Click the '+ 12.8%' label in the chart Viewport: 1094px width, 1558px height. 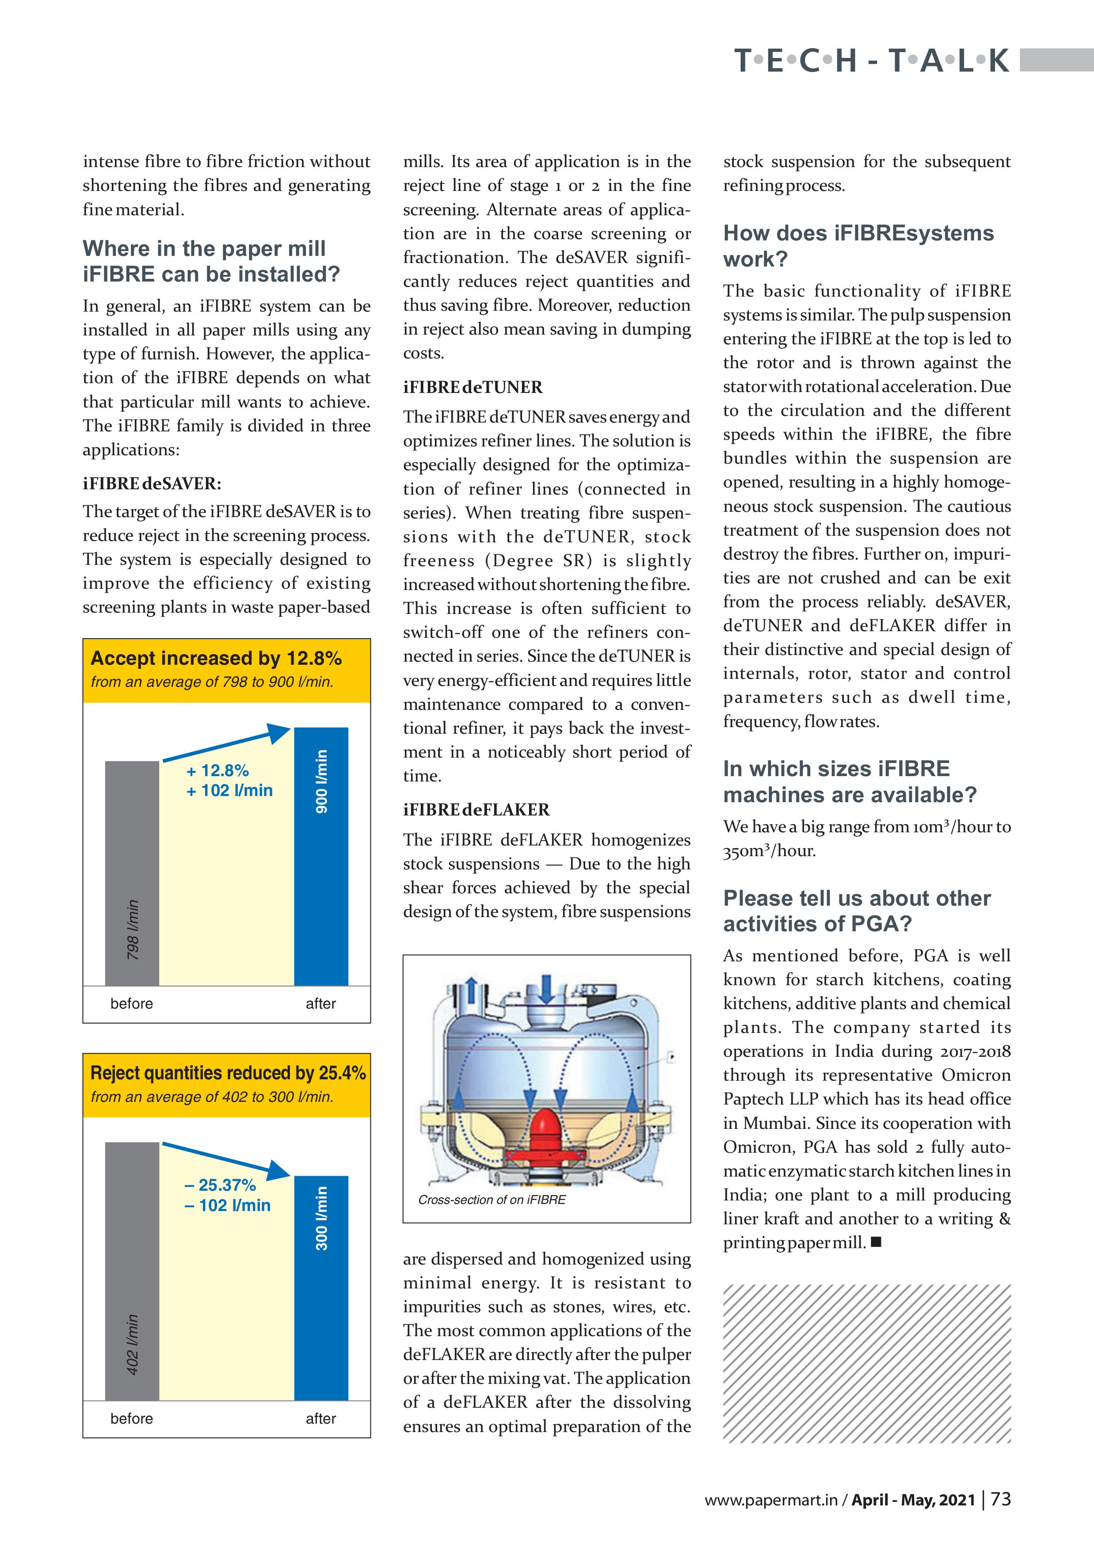pos(217,771)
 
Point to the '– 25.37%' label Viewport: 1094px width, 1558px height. pos(220,1185)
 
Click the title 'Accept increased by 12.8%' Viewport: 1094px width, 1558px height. pos(216,658)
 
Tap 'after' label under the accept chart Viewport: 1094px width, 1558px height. pos(320,1004)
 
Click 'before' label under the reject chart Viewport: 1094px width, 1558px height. pos(132,1418)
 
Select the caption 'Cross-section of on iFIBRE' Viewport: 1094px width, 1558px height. pos(492,1200)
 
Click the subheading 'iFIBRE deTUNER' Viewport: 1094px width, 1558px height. pos(473,388)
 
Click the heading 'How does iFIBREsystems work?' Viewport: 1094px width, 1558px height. pos(858,246)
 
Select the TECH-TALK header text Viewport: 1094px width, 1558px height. pos(872,61)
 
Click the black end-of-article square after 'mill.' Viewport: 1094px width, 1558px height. pos(876,1242)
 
